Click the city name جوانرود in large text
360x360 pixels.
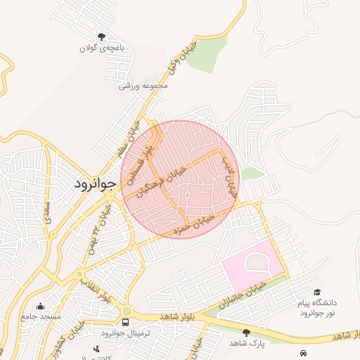95,184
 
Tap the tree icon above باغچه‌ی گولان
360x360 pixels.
102,36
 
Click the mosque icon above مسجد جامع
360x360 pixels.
40,306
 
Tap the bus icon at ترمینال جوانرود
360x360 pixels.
125,322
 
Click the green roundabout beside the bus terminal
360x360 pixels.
127,311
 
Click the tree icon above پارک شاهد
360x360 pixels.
245,332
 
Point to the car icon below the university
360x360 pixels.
303,352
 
